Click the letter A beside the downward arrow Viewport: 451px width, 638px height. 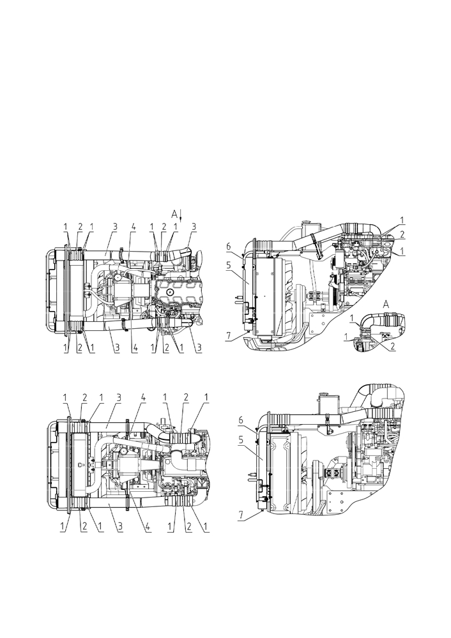click(174, 213)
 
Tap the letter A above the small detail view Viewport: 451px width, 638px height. click(386, 303)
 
